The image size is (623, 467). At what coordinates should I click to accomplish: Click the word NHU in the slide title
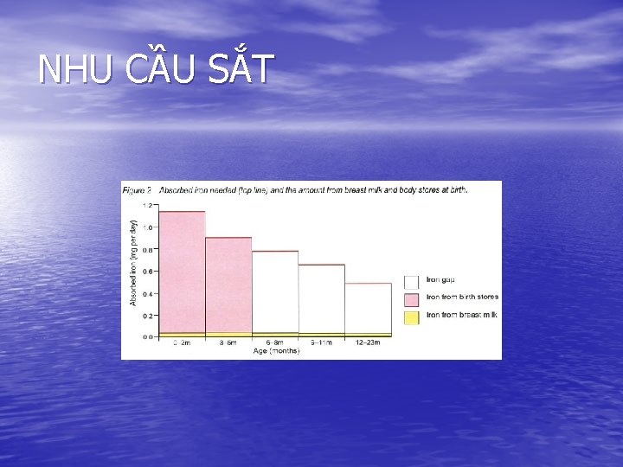click(x=75, y=70)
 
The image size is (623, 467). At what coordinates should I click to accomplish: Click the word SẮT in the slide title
click(x=241, y=70)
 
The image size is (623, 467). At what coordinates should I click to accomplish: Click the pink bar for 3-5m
click(x=228, y=284)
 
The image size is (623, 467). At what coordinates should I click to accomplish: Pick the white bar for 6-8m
click(x=275, y=291)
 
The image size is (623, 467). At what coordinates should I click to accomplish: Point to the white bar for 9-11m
click(x=322, y=297)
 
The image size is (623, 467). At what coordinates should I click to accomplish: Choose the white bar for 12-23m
click(x=368, y=307)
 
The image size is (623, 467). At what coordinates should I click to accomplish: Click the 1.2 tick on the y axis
click(x=149, y=205)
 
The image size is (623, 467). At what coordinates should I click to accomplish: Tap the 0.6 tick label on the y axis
click(x=149, y=271)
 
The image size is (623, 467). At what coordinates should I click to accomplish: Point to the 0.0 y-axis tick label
click(x=149, y=336)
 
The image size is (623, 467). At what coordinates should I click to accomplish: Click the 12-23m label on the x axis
click(x=368, y=343)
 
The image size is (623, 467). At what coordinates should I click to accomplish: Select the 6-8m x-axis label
click(x=275, y=343)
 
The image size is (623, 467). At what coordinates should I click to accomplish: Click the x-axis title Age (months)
click(x=276, y=351)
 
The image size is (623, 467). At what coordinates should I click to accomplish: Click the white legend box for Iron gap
click(x=412, y=282)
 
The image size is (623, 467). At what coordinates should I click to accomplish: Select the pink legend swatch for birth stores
click(x=412, y=298)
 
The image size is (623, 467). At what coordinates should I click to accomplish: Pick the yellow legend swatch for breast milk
click(x=412, y=317)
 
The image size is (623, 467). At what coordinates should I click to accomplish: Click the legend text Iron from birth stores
click(x=462, y=297)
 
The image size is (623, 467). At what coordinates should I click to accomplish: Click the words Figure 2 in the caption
click(x=137, y=189)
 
